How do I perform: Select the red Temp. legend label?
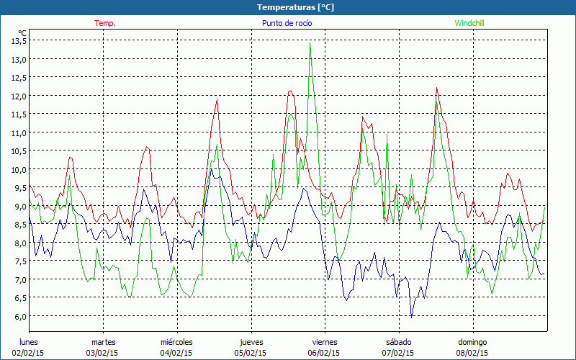click(x=105, y=23)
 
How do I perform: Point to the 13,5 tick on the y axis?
click(x=19, y=40)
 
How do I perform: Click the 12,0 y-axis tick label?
click(x=19, y=96)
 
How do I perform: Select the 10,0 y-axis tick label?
click(x=19, y=169)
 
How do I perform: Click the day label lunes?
click(x=29, y=342)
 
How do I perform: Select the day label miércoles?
click(x=176, y=342)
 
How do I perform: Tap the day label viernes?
click(x=324, y=342)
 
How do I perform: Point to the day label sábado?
click(x=398, y=342)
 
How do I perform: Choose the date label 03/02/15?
click(x=103, y=353)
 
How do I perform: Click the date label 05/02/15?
click(x=251, y=353)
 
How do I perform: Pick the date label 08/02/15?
click(x=472, y=353)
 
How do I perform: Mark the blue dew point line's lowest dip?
click(x=412, y=316)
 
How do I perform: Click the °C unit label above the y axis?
click(x=22, y=32)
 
